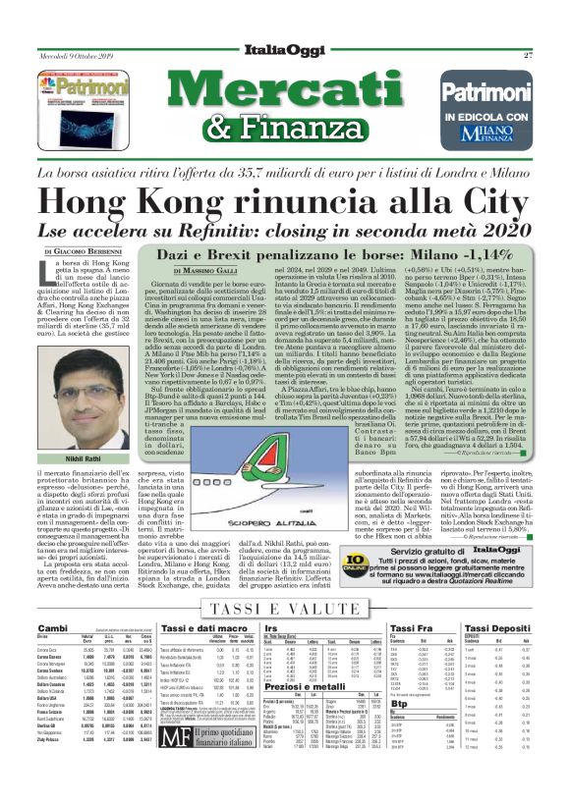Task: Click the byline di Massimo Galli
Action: (211, 269)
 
